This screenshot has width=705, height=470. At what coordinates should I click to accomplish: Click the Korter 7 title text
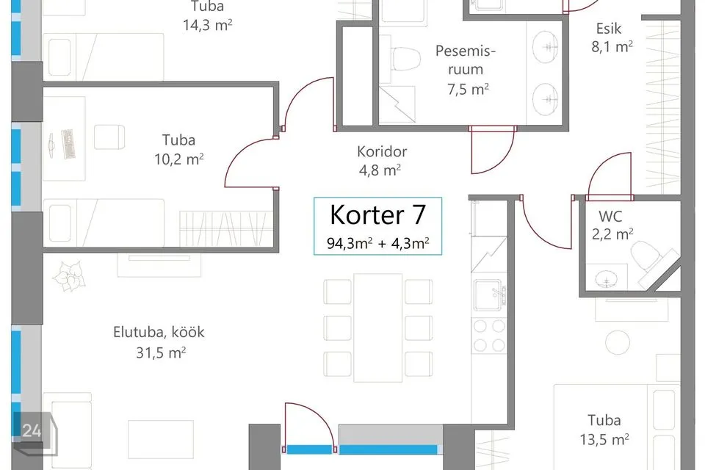click(x=377, y=215)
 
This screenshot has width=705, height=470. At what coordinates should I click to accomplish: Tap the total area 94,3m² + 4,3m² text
click(x=377, y=242)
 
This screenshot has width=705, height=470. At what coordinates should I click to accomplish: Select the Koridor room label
click(x=382, y=152)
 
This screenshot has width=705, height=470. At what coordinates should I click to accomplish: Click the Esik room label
click(x=609, y=29)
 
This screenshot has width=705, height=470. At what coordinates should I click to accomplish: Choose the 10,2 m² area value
click(x=183, y=159)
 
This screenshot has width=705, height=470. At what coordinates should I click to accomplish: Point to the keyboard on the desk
click(x=67, y=142)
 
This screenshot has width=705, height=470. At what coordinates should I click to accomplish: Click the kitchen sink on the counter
click(x=491, y=297)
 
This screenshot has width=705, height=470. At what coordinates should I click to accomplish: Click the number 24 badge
click(x=32, y=431)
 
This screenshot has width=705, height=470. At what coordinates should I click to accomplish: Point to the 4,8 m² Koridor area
click(x=379, y=171)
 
